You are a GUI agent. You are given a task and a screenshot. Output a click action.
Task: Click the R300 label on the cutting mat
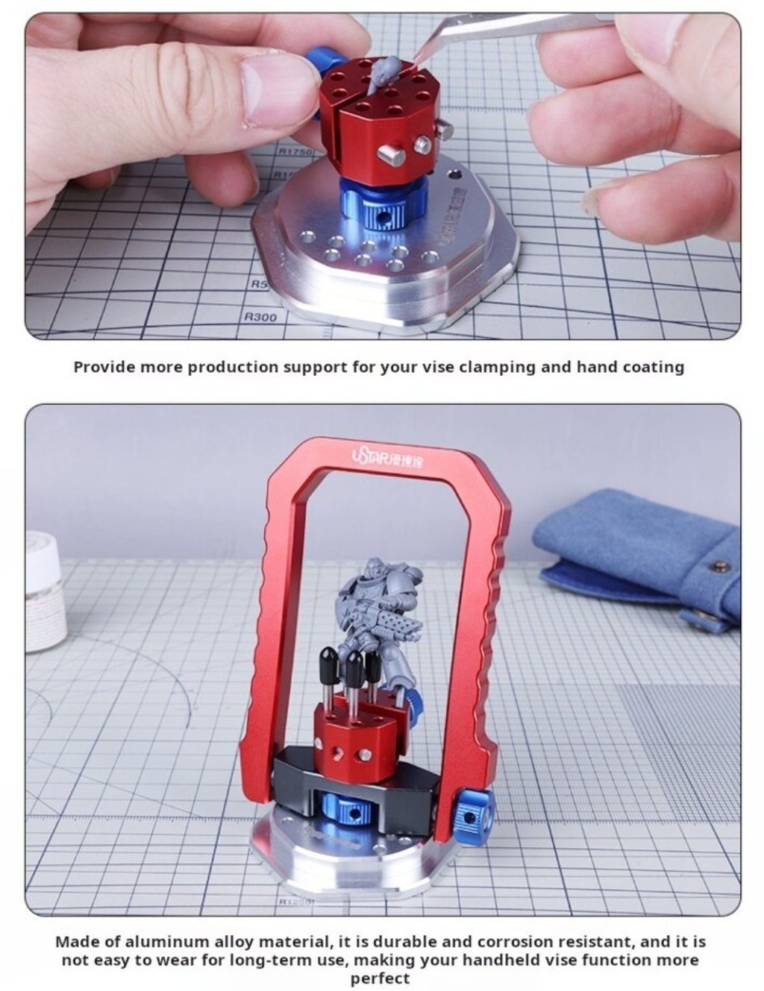(260, 317)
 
